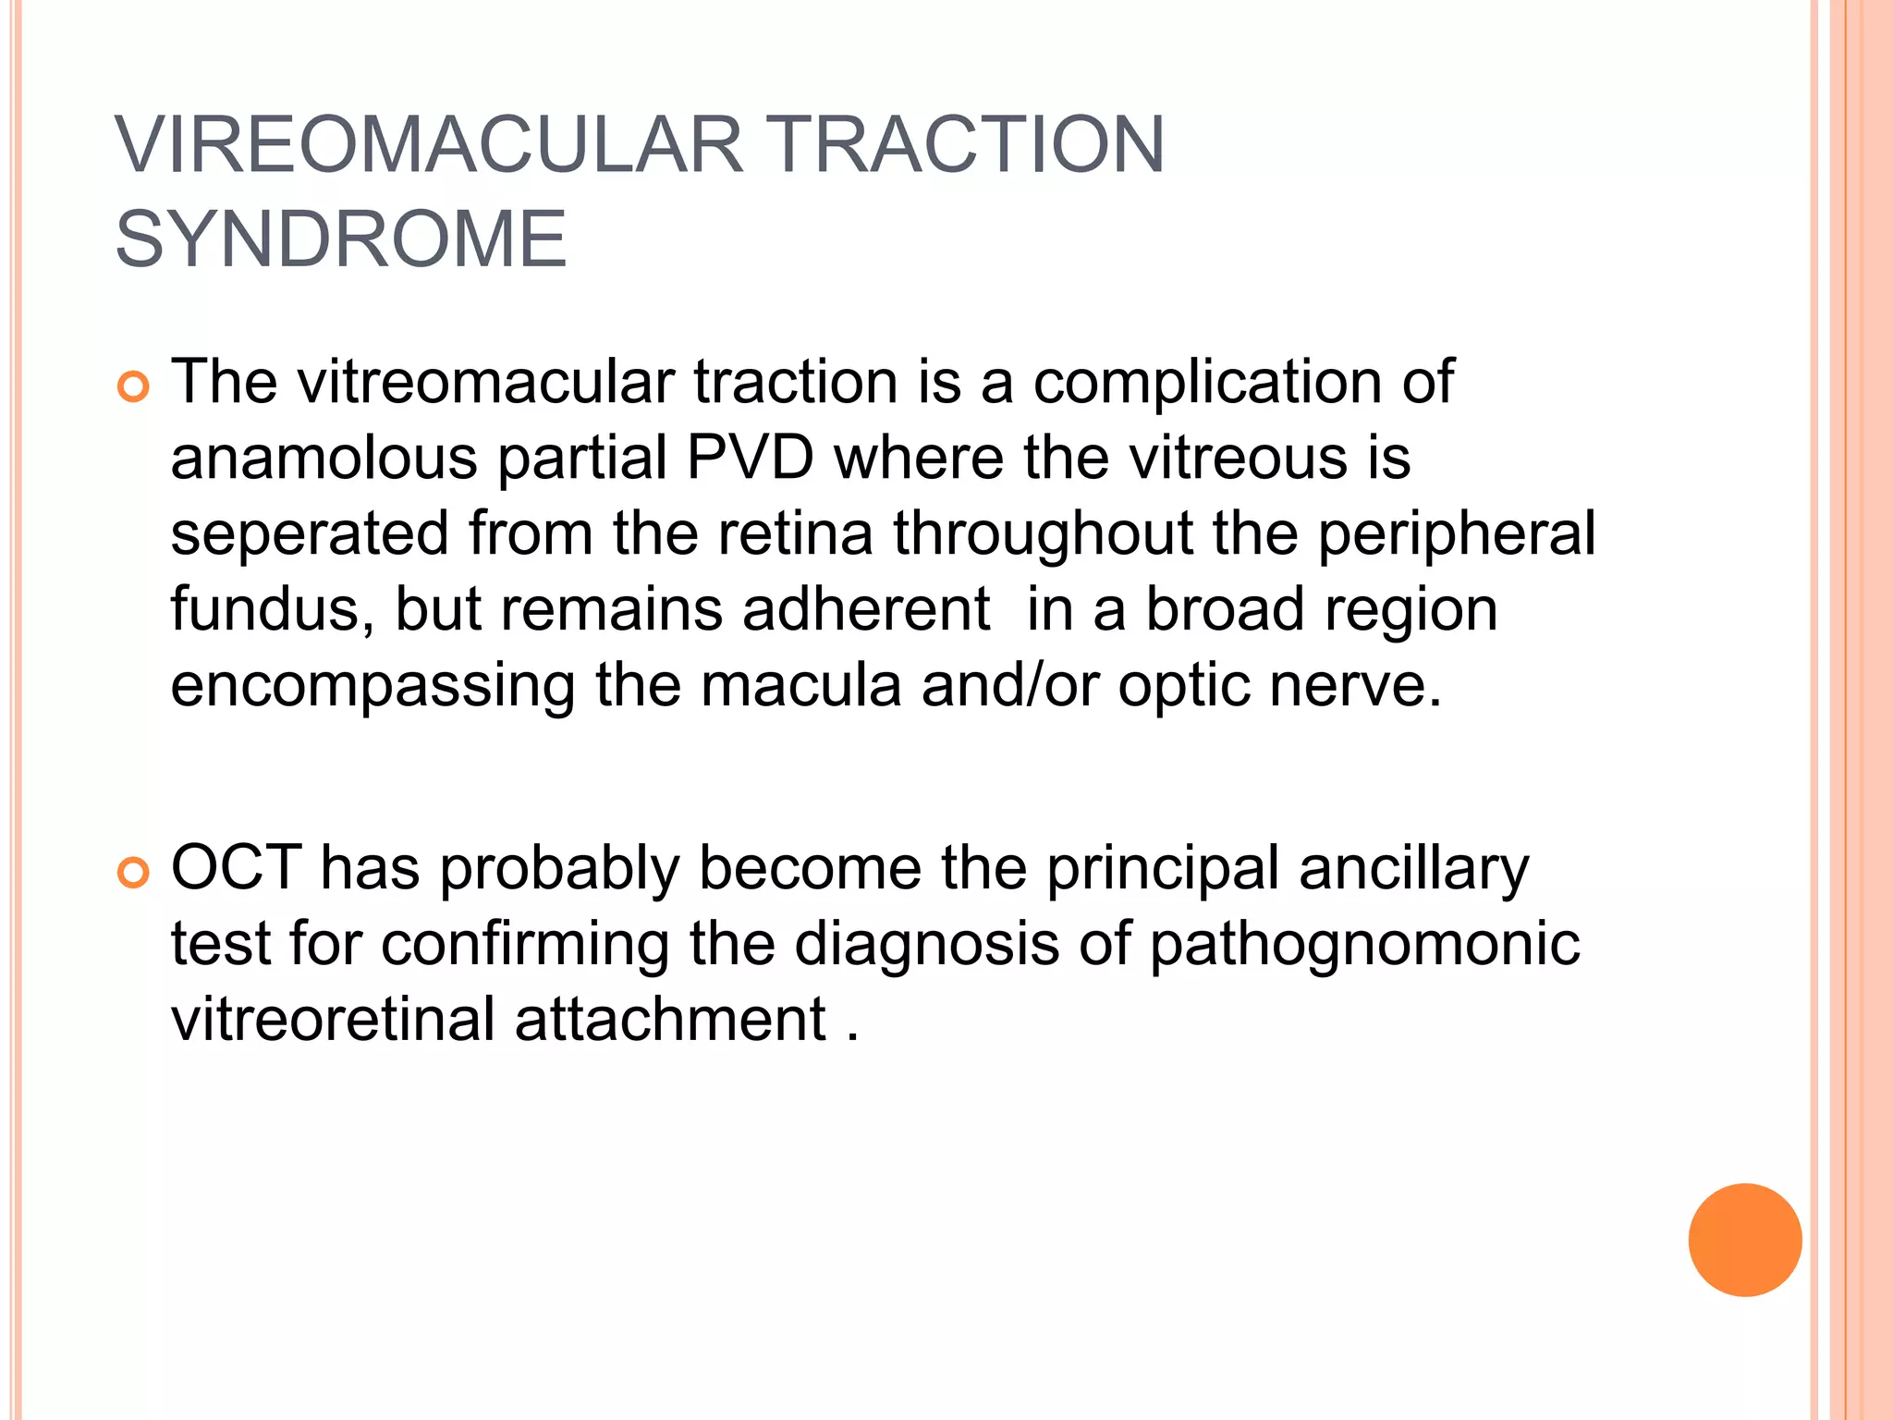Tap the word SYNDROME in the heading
pyautogui.click(x=340, y=240)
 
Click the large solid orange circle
pyautogui.click(x=1744, y=1240)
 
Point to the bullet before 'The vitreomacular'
pyautogui.click(x=134, y=386)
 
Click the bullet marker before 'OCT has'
pyautogui.click(x=134, y=873)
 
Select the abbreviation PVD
pyautogui.click(x=750, y=458)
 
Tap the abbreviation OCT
pyautogui.click(x=236, y=868)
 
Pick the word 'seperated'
pyautogui.click(x=310, y=534)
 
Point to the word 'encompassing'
pyautogui.click(x=372, y=687)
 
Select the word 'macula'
pyautogui.click(x=800, y=687)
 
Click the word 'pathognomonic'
pyautogui.click(x=1364, y=945)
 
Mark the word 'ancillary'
pyautogui.click(x=1413, y=868)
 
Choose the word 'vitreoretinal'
pyautogui.click(x=334, y=1020)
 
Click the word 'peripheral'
pyautogui.click(x=1456, y=534)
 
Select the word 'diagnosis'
pyautogui.click(x=926, y=945)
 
